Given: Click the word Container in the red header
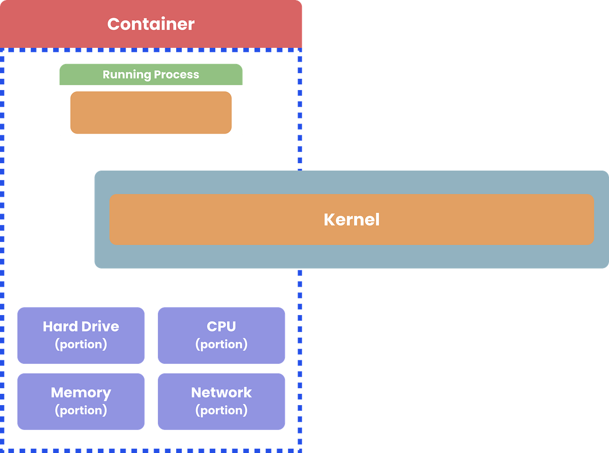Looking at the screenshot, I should (151, 24).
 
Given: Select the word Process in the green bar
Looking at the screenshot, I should (176, 75).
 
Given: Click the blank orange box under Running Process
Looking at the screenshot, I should (151, 112).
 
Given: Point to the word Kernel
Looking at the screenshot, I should (351, 220).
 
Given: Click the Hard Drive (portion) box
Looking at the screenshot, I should (81, 336).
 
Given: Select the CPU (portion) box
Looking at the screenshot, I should (221, 336).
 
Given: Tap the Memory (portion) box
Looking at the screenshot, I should (81, 401).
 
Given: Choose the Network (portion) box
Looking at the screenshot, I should (221, 401).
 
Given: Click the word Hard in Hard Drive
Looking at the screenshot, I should (60, 326).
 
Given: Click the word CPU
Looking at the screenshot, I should (221, 326).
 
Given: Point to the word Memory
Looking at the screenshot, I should (81, 393).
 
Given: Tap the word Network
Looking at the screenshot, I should (221, 393).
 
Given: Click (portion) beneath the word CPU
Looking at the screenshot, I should (221, 344).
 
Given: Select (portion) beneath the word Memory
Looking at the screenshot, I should (81, 410).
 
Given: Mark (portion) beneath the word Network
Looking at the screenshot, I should (221, 410).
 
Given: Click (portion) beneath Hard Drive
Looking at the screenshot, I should (81, 344).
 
